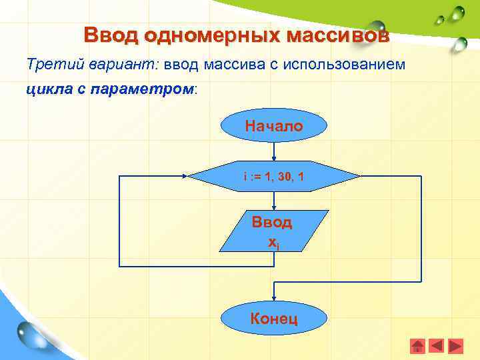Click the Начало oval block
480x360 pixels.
273,126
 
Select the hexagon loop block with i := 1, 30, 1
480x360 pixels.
273,177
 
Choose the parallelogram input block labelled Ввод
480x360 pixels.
273,231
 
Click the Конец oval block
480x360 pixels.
273,319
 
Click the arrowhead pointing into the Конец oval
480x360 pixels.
273,297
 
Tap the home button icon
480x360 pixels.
417,346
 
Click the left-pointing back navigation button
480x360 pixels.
436,346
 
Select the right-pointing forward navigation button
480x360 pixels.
455,346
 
